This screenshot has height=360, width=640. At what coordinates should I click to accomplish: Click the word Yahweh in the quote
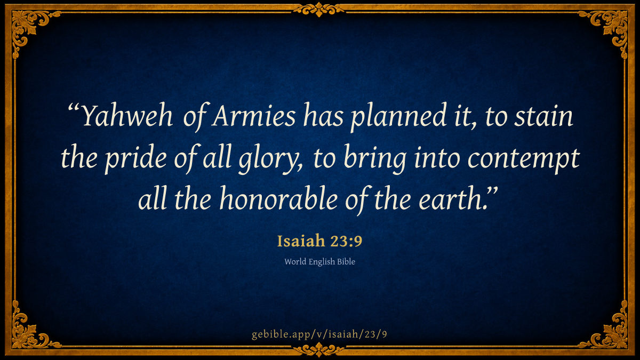pos(127,116)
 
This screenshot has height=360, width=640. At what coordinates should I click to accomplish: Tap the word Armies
pos(254,116)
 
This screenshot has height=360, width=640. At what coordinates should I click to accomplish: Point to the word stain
pos(543,116)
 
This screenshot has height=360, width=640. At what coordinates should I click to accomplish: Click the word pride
pos(135,158)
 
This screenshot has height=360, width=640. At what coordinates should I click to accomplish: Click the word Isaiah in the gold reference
pos(301,241)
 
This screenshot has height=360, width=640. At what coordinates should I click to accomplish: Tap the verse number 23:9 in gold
pos(346,241)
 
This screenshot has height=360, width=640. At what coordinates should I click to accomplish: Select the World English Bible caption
pos(319,261)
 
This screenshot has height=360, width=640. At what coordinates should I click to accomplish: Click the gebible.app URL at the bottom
pos(319,334)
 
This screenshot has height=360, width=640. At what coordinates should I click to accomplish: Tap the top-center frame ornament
pos(319,9)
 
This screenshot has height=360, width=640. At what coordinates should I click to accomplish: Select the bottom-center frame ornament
pos(319,350)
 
